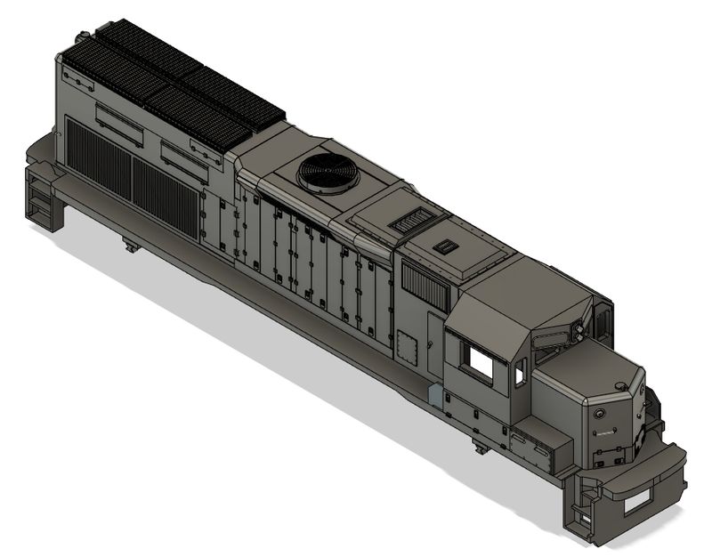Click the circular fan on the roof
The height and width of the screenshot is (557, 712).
(328, 171)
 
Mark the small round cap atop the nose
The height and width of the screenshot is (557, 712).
(620, 383)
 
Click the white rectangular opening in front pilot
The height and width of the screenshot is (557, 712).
(639, 505)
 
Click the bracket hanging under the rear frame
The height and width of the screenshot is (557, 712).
(131, 243)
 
